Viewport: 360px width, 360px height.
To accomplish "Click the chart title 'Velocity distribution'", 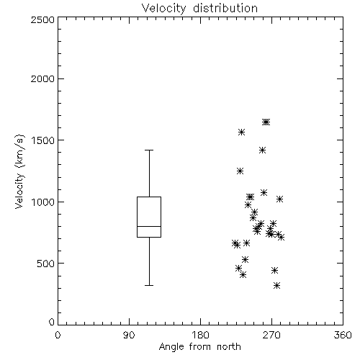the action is [199, 9].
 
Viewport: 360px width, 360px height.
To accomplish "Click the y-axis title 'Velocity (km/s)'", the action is [19, 171].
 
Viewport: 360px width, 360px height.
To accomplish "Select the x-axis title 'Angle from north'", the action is [199, 347].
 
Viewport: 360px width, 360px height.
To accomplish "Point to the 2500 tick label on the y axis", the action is [42, 19].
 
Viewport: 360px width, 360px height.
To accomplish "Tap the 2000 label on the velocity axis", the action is [42, 78].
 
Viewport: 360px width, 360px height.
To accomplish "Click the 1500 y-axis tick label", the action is [43, 140].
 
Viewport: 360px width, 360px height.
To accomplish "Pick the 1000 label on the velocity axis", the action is [43, 202].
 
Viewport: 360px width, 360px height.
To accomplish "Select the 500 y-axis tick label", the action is [46, 264].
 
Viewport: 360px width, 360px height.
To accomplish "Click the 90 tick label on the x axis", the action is [129, 335].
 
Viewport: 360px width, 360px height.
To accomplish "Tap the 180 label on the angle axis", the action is [200, 335].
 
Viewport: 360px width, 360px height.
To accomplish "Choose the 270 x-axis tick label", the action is [271, 335].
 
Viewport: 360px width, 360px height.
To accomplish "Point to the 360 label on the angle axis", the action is [343, 335].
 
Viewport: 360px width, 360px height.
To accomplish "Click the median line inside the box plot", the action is [149, 226].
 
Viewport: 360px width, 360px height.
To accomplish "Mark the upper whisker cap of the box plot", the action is [149, 150].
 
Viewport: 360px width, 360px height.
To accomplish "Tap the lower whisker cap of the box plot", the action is [149, 285].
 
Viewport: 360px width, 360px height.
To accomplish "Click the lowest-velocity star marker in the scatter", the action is [277, 285].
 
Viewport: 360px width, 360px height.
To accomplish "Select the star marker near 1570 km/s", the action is [241, 132].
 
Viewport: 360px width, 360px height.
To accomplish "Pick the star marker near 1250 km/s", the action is [240, 171].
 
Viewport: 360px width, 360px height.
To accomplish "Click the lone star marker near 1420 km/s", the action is [262, 150].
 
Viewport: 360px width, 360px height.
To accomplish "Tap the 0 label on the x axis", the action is [58, 335].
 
